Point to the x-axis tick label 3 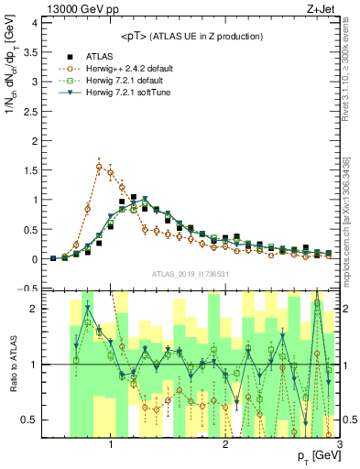click(x=340, y=444)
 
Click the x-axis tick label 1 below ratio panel click(x=111, y=444)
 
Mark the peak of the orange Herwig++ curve click(x=99, y=166)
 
